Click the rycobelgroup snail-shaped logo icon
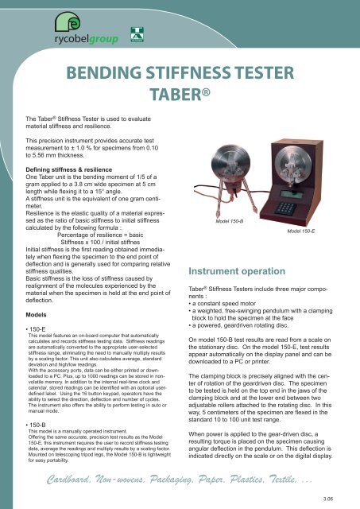click(x=55, y=35)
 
